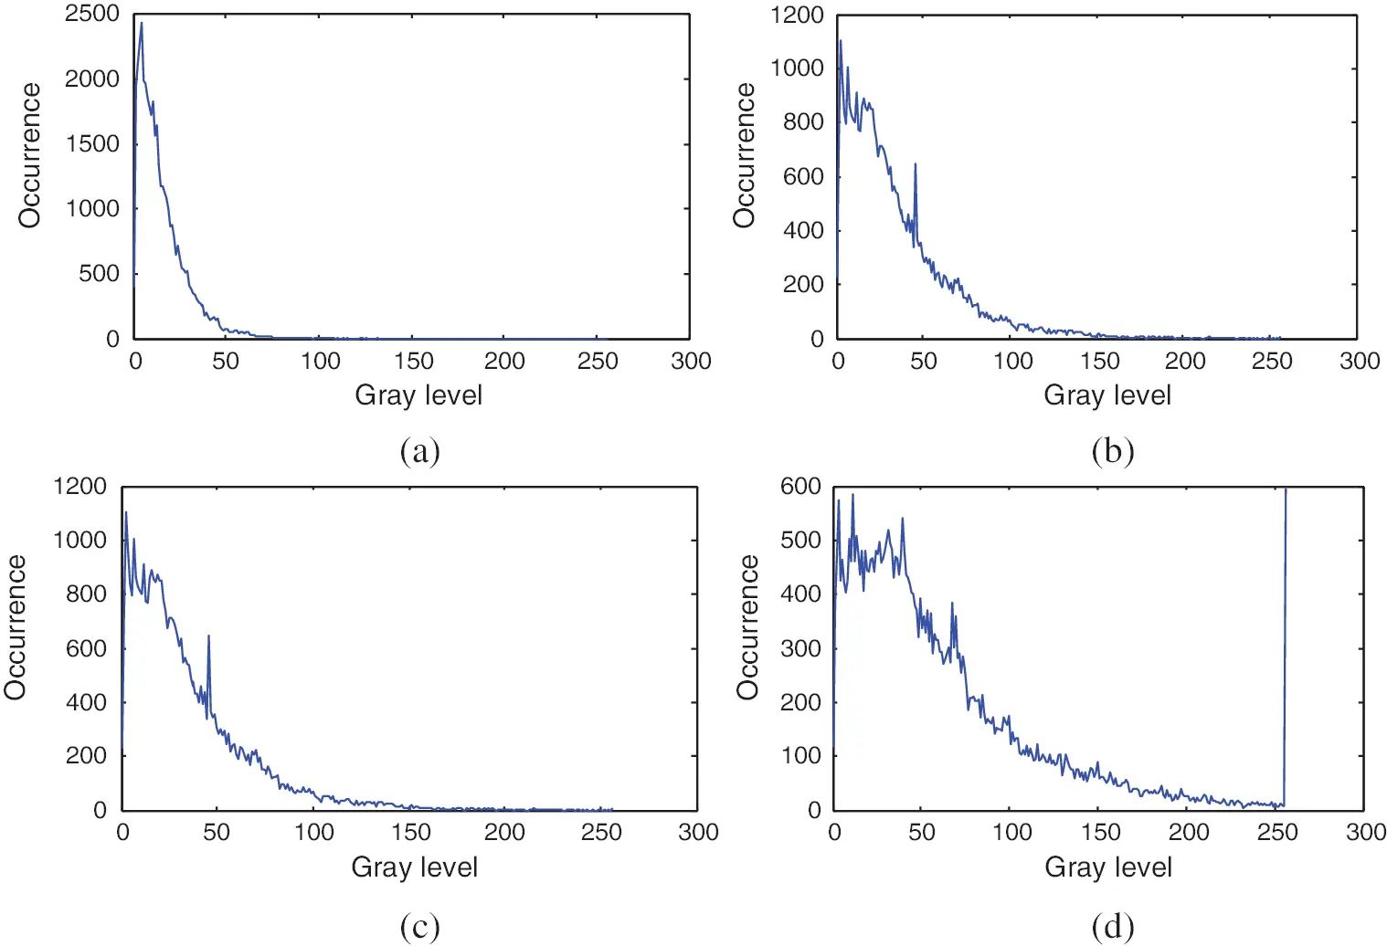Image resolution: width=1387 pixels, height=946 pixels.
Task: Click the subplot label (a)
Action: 419,451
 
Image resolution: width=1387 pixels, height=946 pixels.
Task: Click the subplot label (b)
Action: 1112,451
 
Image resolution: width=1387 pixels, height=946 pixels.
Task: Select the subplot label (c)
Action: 419,927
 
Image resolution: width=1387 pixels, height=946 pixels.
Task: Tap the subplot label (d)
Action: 1112,927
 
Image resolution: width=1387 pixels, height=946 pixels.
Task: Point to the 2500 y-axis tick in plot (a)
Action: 91,15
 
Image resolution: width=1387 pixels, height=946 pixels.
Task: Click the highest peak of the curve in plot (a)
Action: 142,24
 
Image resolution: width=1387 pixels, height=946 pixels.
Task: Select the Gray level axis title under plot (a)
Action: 418,395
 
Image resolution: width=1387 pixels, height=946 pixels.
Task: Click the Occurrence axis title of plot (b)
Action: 746,154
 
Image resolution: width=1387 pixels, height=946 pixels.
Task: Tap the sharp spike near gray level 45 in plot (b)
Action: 915,165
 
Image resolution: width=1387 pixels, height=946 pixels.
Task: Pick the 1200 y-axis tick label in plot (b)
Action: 797,16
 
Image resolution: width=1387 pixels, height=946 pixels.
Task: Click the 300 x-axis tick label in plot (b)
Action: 1359,362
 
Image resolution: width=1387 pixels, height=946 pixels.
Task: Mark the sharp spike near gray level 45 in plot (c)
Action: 208,636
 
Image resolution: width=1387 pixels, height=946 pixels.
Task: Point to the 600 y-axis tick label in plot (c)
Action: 86,648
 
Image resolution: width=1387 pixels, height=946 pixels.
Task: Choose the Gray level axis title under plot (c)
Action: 414,867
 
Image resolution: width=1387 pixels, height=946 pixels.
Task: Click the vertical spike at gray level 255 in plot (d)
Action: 1286,639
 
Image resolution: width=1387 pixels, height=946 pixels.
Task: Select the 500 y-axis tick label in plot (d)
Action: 799,541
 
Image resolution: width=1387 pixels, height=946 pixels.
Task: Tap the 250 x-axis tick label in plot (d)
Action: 1276,833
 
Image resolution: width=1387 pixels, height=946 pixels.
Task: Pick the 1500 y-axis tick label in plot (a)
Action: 91,144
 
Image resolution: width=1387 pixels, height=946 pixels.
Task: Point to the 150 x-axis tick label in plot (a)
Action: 413,362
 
